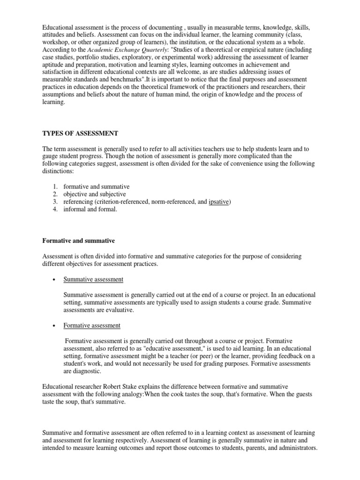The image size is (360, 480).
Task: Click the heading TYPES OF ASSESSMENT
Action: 80,134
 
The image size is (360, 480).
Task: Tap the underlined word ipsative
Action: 219,202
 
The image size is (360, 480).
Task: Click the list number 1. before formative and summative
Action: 54,187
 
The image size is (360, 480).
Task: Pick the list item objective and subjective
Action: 95,194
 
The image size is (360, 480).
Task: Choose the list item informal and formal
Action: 90,209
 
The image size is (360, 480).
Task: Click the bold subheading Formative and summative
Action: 78,240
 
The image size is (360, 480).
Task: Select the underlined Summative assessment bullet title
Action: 93,279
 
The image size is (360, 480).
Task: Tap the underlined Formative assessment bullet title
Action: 92,325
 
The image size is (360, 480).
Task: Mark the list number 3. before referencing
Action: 54,202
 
